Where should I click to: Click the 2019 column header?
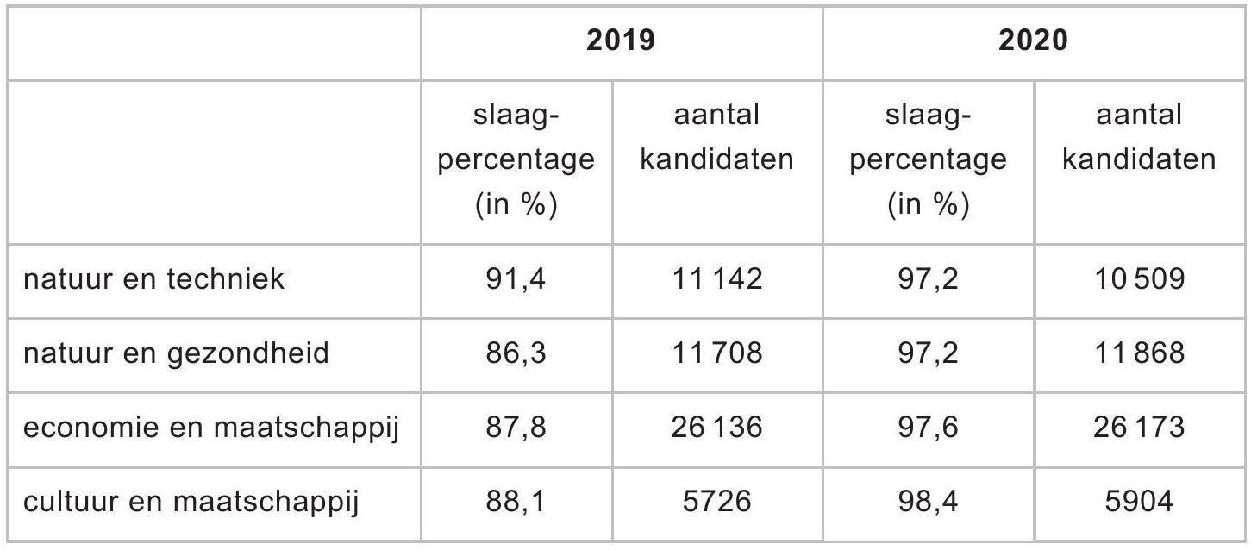621,41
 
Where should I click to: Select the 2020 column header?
1033,41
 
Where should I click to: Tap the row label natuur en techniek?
153,278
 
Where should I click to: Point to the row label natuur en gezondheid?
176,354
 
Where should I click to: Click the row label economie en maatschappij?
211,428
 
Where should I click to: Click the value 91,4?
515,279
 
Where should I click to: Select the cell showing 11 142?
717,278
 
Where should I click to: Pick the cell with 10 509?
1139,278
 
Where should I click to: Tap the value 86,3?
515,353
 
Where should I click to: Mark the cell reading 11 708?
717,353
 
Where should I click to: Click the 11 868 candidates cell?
1139,353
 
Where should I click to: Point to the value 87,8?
515,428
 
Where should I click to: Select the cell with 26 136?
717,428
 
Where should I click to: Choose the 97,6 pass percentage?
928,428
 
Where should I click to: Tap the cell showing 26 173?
1139,428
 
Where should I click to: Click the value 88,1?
515,502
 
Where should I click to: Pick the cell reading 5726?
717,501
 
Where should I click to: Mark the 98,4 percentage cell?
928,502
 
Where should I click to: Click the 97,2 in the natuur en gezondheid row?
928,353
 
